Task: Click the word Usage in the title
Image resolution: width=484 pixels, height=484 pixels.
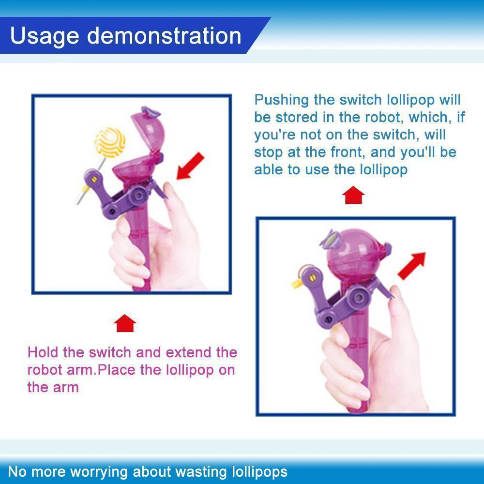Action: pos(45,36)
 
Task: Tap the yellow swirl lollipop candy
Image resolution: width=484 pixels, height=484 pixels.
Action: pos(110,142)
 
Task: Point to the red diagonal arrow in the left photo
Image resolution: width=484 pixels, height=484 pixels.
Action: pos(190,166)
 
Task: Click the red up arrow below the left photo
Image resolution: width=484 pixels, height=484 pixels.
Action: pos(125,323)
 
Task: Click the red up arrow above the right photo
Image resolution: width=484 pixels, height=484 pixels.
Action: pos(353,195)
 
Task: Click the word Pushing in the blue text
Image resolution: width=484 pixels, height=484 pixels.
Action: pos(281,101)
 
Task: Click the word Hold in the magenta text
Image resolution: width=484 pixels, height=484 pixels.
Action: pos(43,352)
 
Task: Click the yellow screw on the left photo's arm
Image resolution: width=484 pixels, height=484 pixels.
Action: pos(94,179)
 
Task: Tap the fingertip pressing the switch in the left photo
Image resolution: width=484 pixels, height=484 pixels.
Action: pos(169,189)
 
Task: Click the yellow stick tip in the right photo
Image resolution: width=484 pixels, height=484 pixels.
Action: pos(296,283)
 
